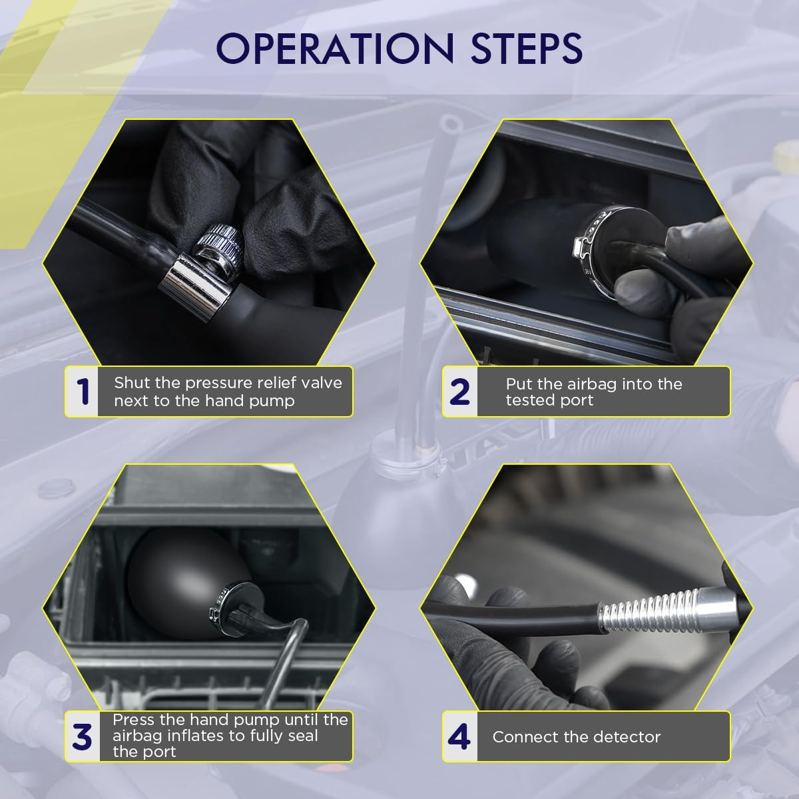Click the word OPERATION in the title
coord(335,49)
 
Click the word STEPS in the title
coord(527,49)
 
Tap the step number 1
coord(83,391)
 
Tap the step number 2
coord(459,392)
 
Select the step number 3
coord(82,737)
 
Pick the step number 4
coord(459,737)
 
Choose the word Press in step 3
coord(133,720)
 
